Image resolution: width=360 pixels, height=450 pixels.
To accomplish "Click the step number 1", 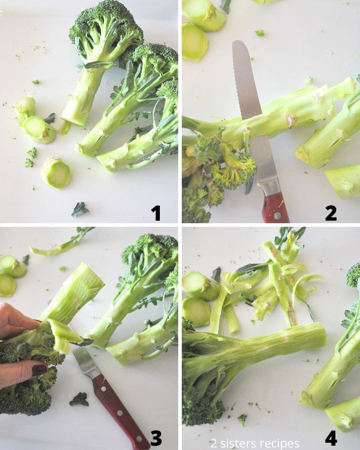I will point(156,213).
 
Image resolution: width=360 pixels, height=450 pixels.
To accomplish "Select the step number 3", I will point(156,438).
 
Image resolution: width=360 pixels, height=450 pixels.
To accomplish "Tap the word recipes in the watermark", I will point(278,443).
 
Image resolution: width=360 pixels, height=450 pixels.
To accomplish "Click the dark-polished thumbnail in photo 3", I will point(39,370).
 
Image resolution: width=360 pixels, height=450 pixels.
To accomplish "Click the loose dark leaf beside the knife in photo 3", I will point(79,399).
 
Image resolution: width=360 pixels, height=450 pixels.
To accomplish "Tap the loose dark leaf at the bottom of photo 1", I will point(80,209).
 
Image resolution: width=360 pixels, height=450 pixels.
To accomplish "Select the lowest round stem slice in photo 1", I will point(56,172).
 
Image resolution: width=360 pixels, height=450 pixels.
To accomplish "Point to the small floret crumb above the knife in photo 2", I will point(259,32).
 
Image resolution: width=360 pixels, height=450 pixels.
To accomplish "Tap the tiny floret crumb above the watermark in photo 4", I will point(242,419).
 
